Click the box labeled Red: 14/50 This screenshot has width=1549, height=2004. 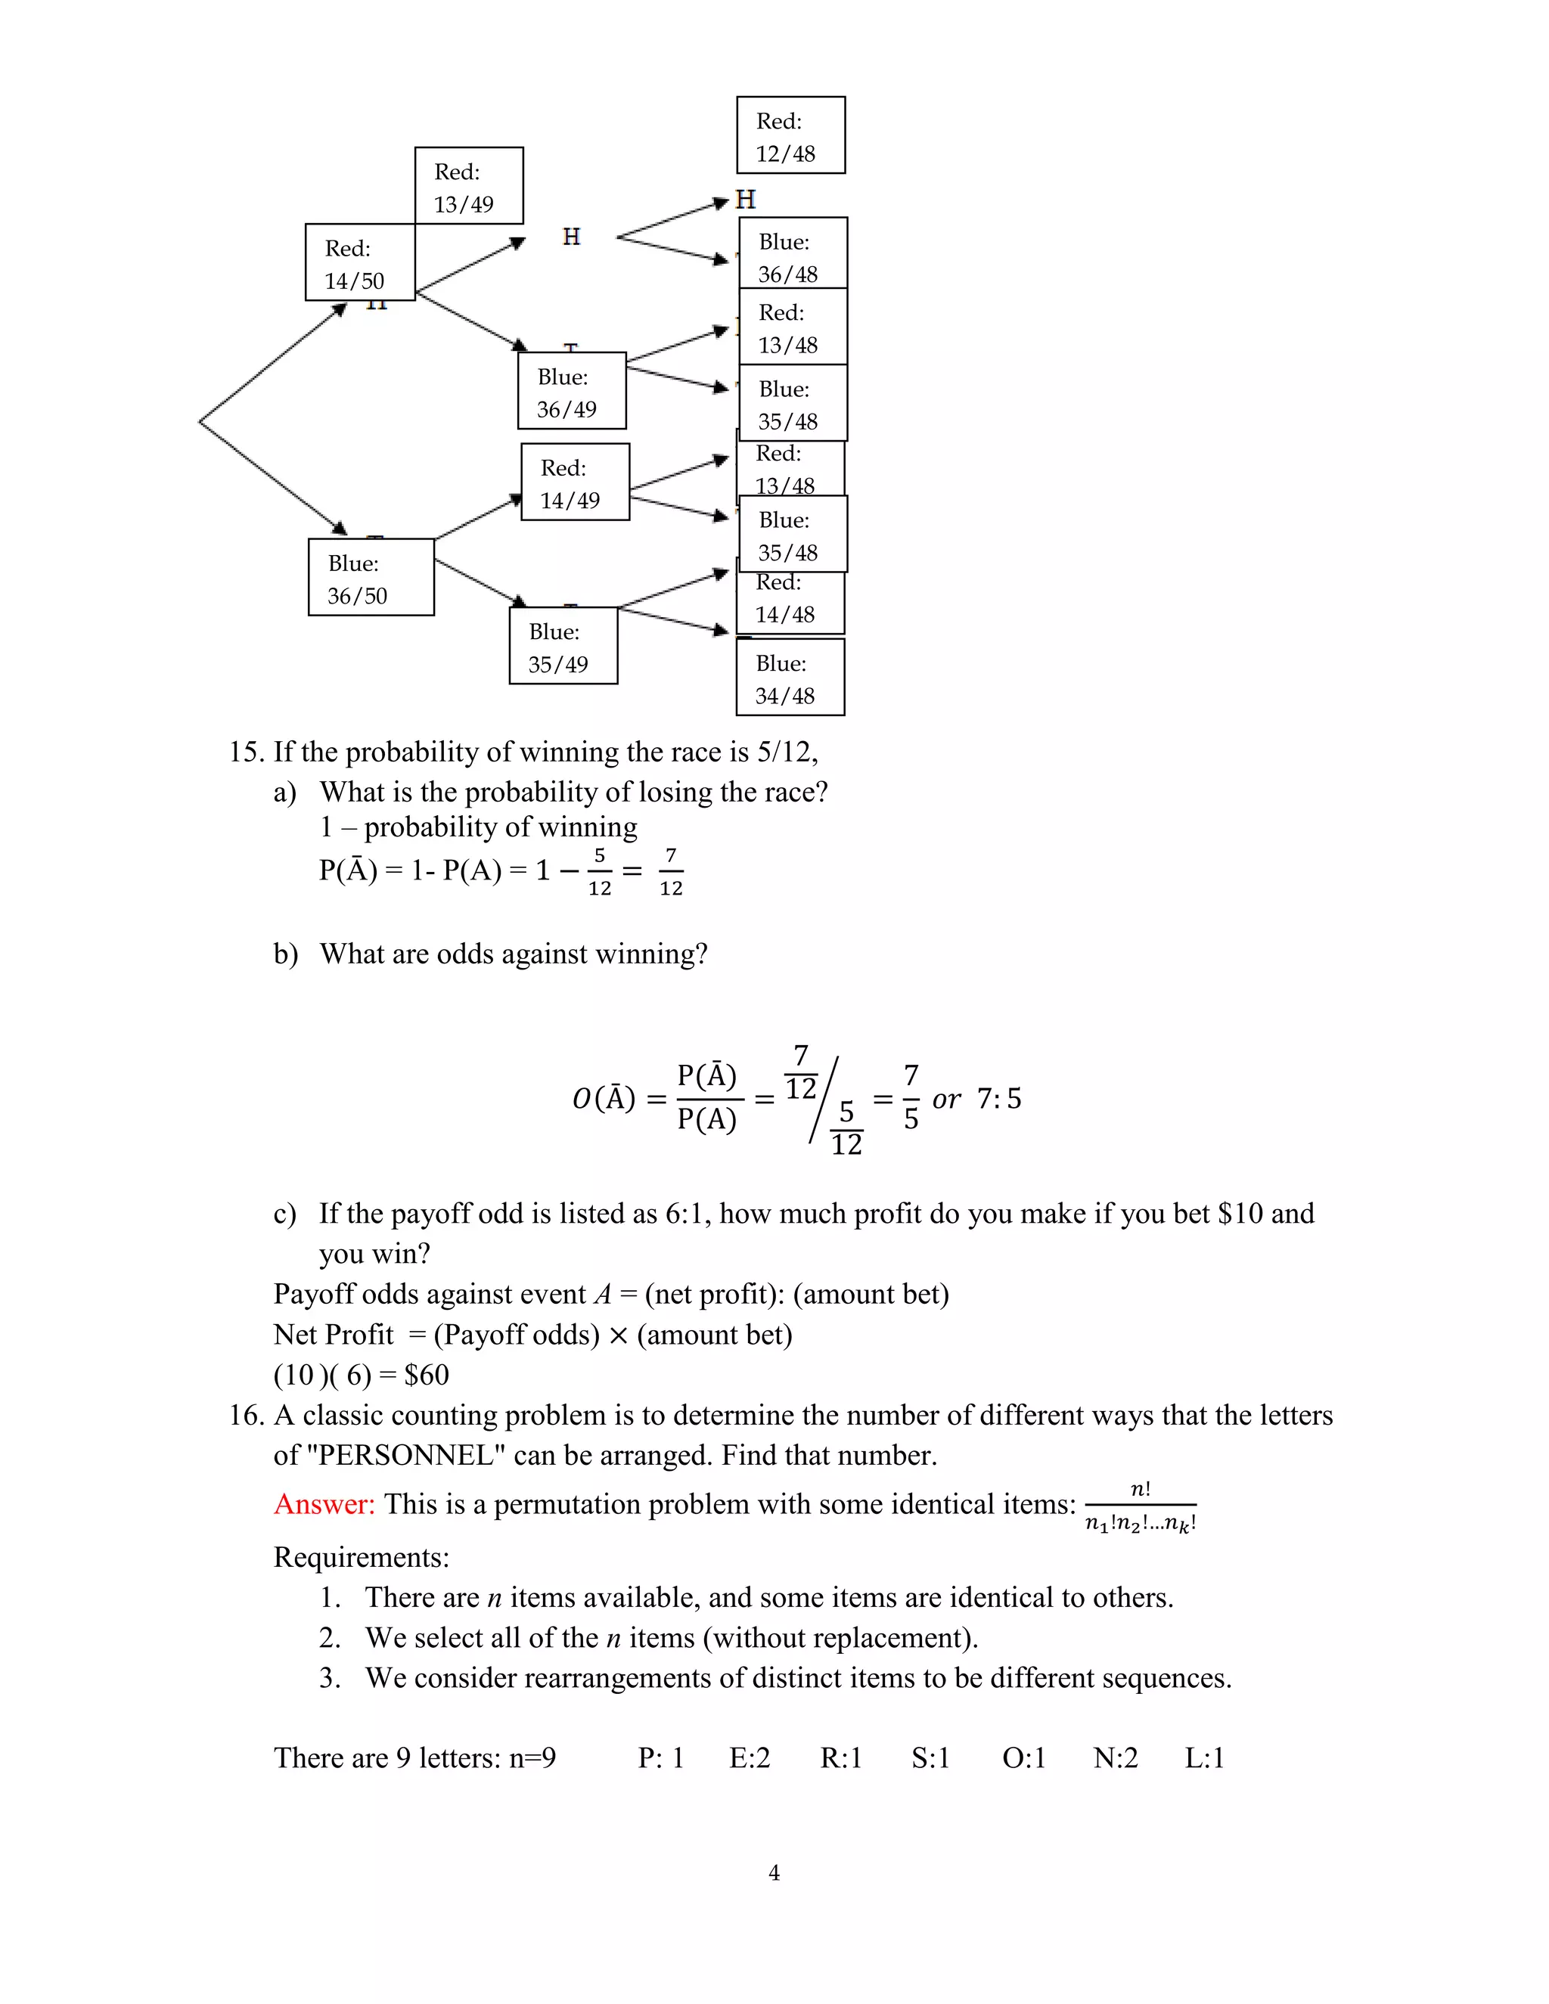pos(360,262)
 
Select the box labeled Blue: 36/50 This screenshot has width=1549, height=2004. pos(371,577)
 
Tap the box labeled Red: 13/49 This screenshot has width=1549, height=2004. pos(469,186)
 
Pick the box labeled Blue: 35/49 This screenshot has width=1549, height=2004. pos(563,646)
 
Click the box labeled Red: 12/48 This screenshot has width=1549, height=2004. pos(790,136)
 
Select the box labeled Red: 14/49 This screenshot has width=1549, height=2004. pos(576,482)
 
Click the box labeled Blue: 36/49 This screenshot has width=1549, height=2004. pos(572,391)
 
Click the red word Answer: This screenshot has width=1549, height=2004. pos(324,1504)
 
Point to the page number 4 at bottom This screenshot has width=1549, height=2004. pos(774,1872)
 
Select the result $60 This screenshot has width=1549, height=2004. pos(427,1375)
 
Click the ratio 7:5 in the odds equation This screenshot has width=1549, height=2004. pos(998,1098)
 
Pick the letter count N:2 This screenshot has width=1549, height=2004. pos(1115,1757)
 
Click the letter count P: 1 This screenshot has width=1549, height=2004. pos(661,1757)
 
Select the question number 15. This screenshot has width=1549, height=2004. pos(246,752)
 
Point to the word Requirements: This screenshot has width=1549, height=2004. pos(362,1557)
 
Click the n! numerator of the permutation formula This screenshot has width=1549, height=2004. pos(1140,1489)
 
